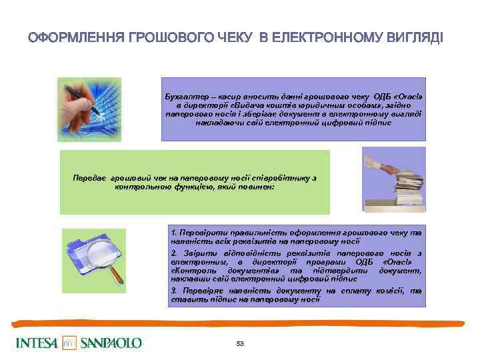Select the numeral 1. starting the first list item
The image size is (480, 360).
174,232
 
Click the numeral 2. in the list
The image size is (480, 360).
174,253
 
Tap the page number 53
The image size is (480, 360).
240,343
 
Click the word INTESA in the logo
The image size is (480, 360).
37,343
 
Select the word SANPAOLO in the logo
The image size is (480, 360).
111,343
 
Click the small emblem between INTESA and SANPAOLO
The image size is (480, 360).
70,343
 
